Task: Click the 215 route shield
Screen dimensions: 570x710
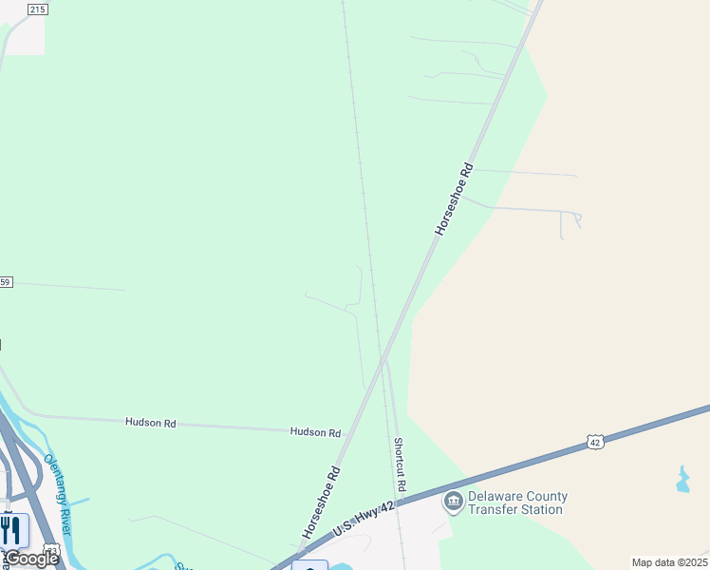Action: point(37,9)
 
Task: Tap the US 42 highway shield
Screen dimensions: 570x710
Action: point(594,442)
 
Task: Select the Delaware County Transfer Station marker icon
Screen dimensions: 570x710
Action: point(454,501)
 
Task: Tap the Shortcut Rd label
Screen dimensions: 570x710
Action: point(401,465)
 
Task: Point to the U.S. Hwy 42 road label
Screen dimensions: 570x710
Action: point(364,523)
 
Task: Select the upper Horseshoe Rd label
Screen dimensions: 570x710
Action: point(454,199)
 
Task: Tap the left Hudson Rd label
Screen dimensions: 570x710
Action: point(151,422)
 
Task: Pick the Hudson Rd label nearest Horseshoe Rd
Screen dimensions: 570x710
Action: point(315,432)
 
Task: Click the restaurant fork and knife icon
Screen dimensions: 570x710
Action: point(11,530)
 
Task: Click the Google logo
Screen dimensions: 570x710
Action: point(30,559)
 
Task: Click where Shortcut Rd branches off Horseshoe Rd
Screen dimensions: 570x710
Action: point(383,359)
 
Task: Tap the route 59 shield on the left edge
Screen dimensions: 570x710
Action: point(5,282)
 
